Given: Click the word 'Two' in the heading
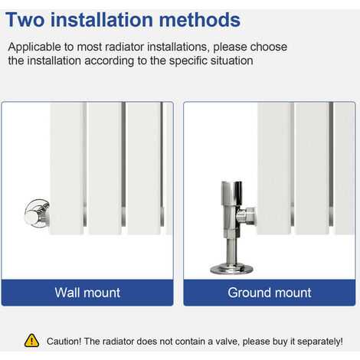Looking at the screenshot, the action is point(25,20).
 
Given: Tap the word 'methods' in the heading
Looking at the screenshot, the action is point(199,20).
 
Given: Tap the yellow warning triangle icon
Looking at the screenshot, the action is point(31,341).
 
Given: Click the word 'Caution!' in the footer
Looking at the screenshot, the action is point(64,342).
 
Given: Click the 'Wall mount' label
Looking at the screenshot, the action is point(87,293).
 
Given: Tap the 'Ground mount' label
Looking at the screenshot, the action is point(270,293).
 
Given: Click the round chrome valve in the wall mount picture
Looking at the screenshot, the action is point(37,214).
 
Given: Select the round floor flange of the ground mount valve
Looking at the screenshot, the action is point(231,269).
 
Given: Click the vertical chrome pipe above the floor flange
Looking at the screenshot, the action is point(231,250).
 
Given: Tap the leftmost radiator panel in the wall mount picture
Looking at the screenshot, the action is point(67,169).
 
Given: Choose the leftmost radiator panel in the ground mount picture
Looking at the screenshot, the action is point(274,169).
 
